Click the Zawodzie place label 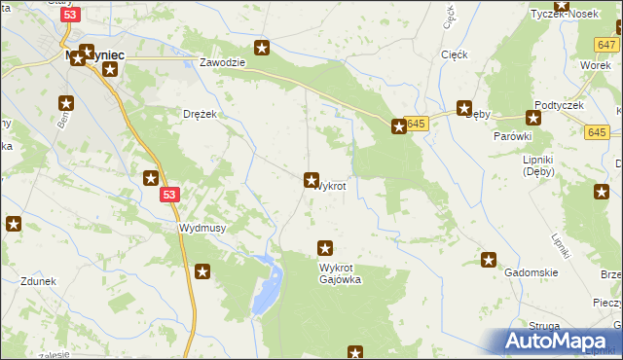click(221, 62)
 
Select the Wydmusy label click(202, 228)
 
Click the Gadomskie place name click(531, 273)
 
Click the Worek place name click(594, 64)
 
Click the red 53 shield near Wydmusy click(169, 196)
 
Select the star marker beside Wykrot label click(311, 180)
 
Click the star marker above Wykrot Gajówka click(326, 249)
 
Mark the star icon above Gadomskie click(489, 260)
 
